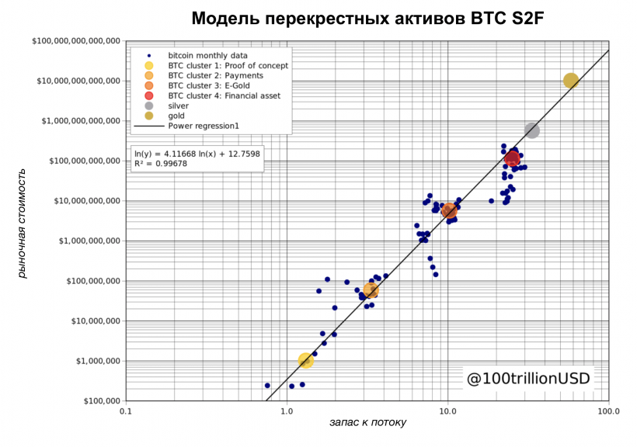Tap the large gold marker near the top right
(x=571, y=81)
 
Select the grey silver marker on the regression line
(x=532, y=130)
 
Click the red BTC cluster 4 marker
(x=512, y=158)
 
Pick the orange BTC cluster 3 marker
(x=448, y=210)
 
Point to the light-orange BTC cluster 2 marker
(x=371, y=291)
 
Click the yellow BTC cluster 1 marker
(x=306, y=361)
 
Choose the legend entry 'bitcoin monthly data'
(x=207, y=55)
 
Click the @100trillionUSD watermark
(x=527, y=379)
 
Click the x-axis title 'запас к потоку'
(x=367, y=422)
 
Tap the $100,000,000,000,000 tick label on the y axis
(x=75, y=40)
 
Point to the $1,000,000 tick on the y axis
(x=94, y=361)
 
